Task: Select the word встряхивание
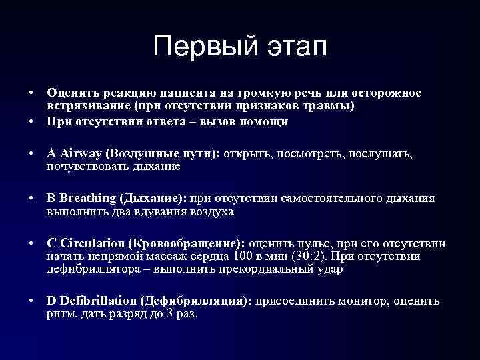point(88,107)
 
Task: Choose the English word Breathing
point(87,199)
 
